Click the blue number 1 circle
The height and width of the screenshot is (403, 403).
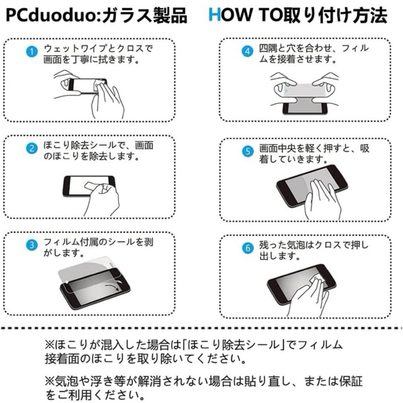[x=32, y=52]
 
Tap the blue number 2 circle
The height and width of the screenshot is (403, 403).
[x=32, y=149]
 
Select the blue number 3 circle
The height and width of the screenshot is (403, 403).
[x=32, y=245]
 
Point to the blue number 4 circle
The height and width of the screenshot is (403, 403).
[x=248, y=51]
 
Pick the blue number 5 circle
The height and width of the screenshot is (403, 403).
[x=248, y=151]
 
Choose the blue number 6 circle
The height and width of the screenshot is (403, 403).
[x=248, y=248]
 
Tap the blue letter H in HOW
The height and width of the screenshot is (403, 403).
[x=215, y=15]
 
